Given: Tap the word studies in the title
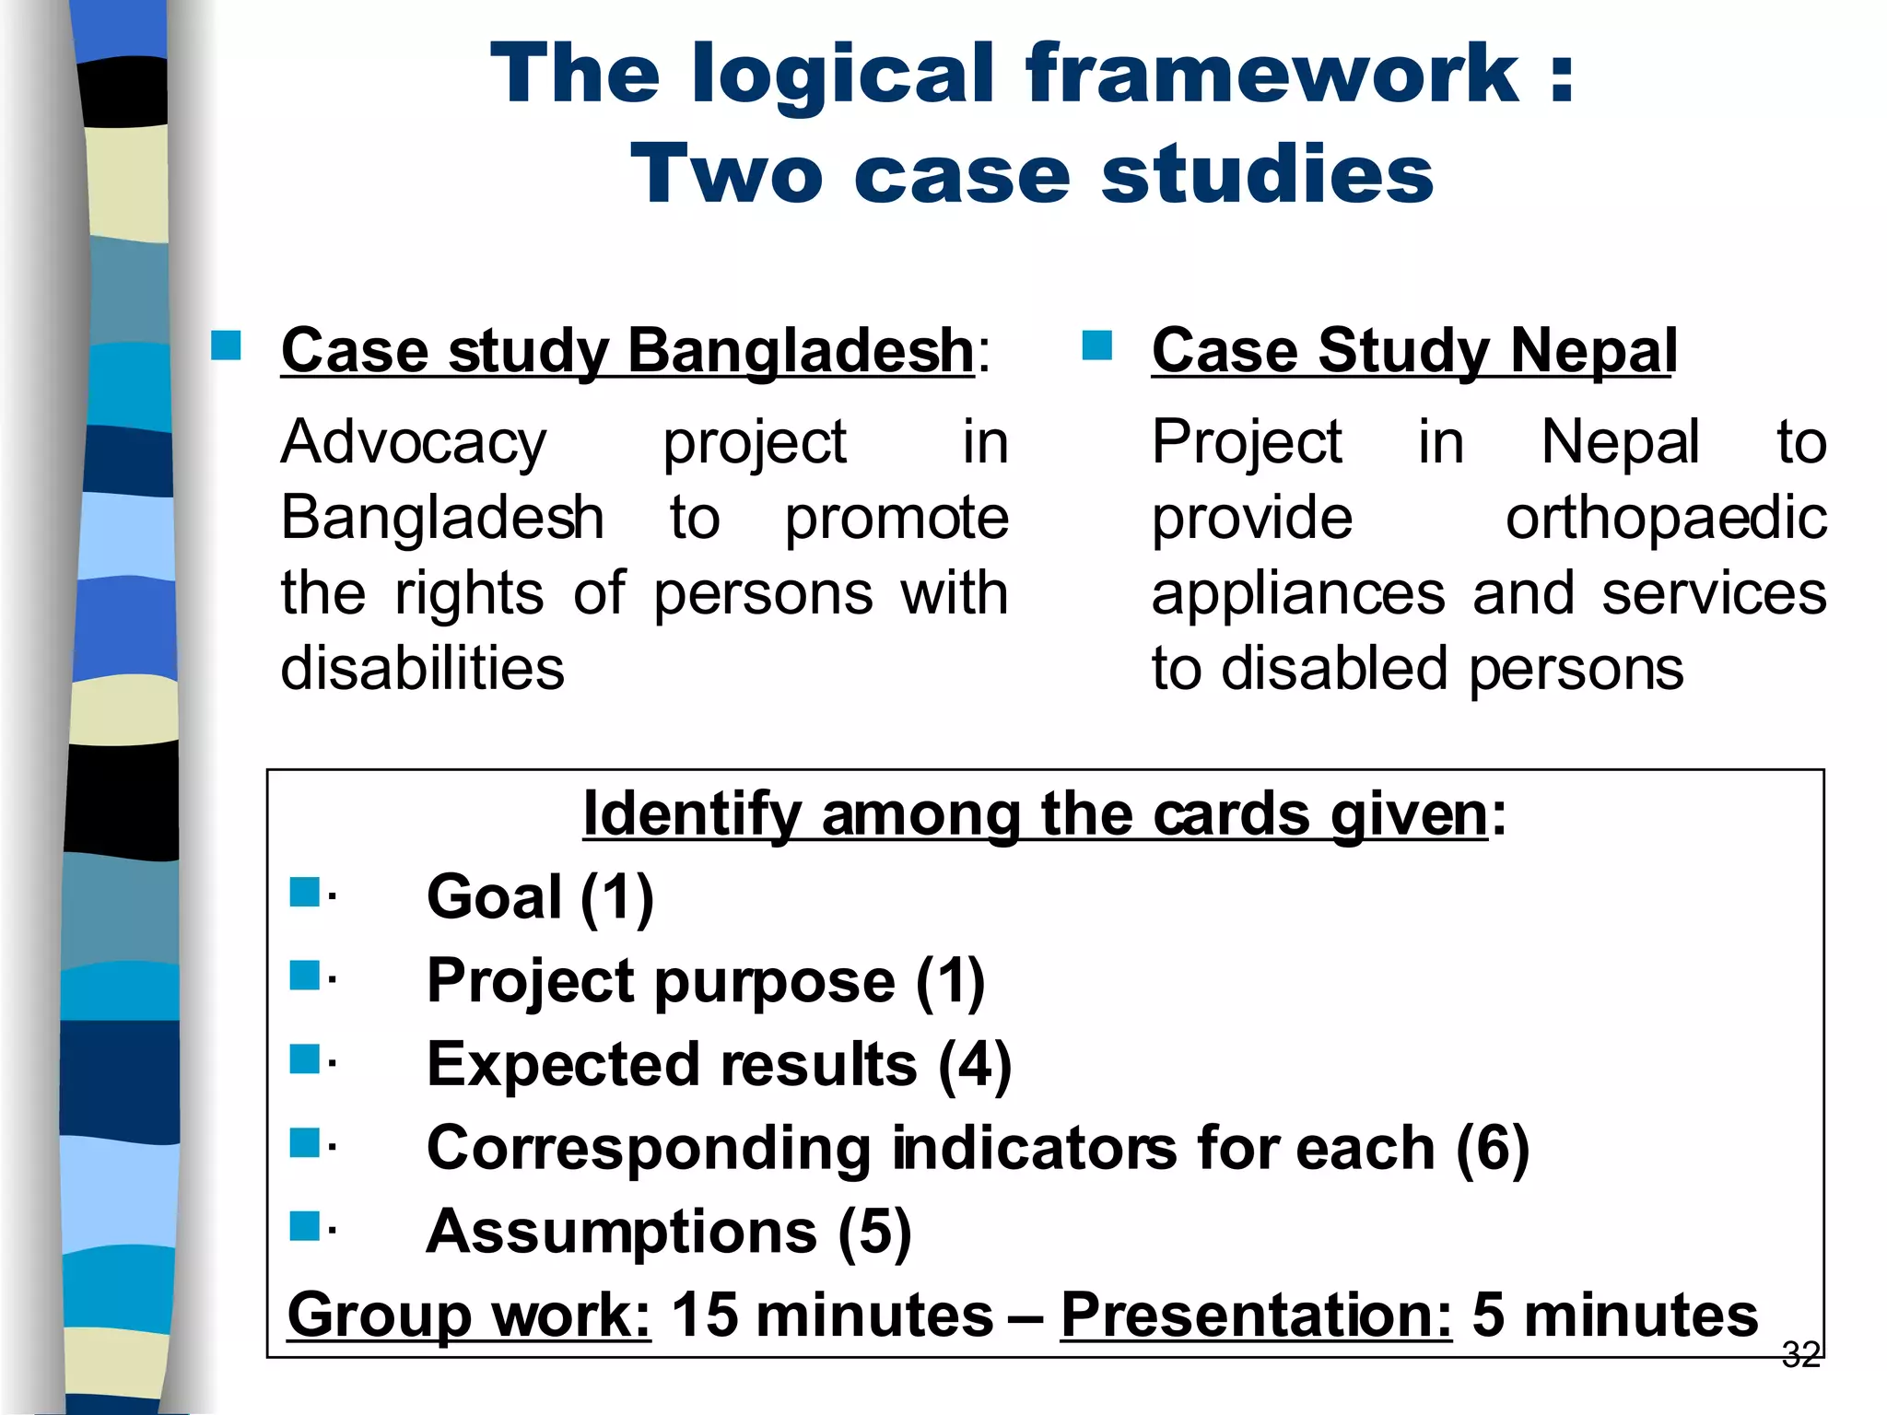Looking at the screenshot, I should pyautogui.click(x=1267, y=175).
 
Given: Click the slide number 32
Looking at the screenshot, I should pyautogui.click(x=1800, y=1354).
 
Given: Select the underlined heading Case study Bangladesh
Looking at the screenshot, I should pyautogui.click(x=627, y=351).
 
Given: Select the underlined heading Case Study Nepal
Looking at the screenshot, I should pyautogui.click(x=1413, y=351).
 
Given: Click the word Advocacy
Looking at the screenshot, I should pyautogui.click(x=414, y=442).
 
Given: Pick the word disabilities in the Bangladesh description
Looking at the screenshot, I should pyautogui.click(x=422, y=668).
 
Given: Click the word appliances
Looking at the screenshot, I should pyautogui.click(x=1298, y=593).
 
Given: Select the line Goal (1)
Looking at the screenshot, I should pyautogui.click(x=540, y=896).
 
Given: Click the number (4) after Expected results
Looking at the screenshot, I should pyautogui.click(x=975, y=1064).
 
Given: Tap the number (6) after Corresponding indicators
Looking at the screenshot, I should pyautogui.click(x=1493, y=1148).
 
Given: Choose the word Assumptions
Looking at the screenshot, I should pyautogui.click(x=621, y=1232).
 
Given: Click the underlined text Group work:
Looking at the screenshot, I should pyautogui.click(x=469, y=1315).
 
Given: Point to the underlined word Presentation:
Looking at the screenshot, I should pyautogui.click(x=1256, y=1315).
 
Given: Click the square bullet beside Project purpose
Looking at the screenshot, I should pyautogui.click(x=304, y=975).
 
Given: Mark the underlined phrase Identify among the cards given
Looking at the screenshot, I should pyautogui.click(x=1036, y=814).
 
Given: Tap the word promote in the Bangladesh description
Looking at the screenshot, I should pyautogui.click(x=897, y=518).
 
